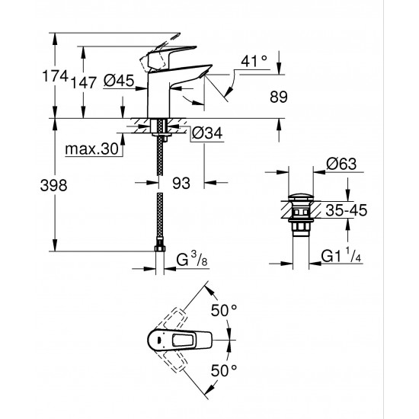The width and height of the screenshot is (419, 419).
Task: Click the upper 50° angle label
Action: coord(225,312)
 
